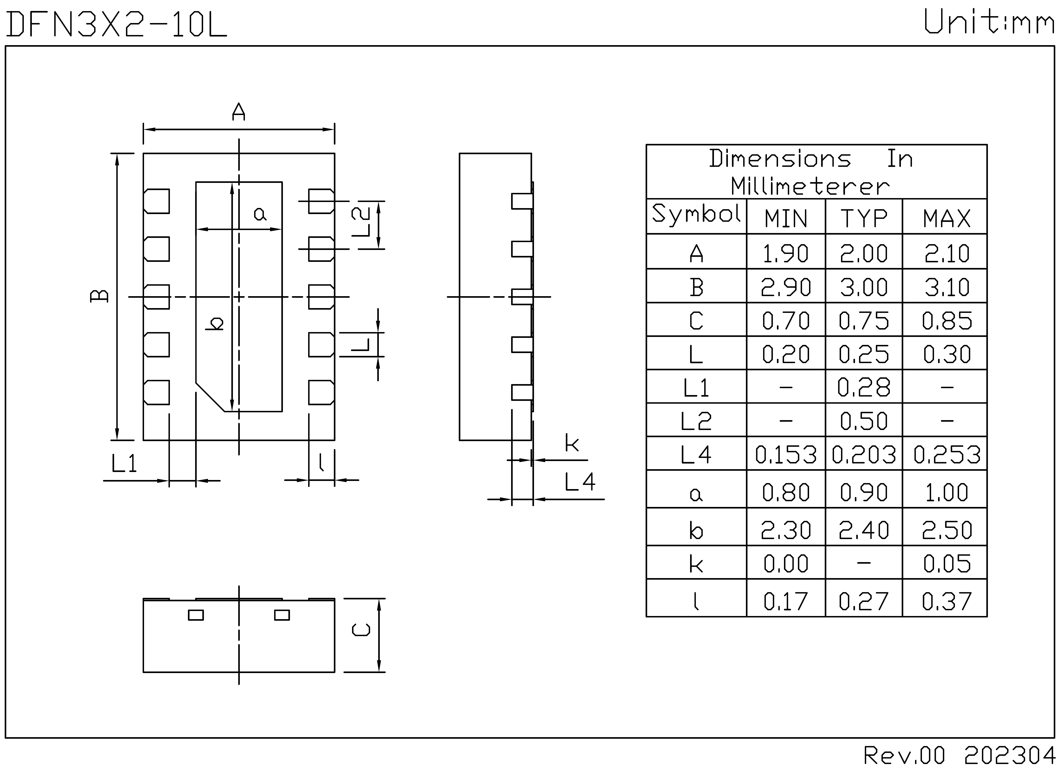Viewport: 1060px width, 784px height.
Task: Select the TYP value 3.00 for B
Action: click(864, 287)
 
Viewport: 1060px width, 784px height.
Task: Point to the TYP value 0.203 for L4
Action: click(864, 455)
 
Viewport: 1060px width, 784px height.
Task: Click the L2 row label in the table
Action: click(696, 421)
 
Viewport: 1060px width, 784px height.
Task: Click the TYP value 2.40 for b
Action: click(864, 530)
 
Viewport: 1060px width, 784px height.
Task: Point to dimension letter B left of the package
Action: click(99, 296)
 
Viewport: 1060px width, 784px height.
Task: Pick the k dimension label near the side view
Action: click(572, 443)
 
